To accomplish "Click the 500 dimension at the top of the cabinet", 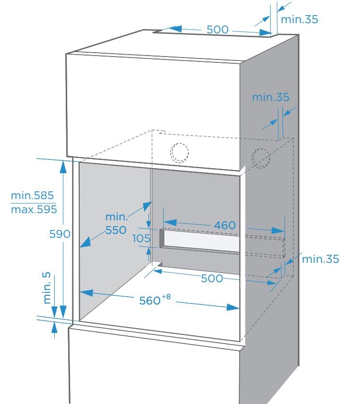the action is click(217, 29).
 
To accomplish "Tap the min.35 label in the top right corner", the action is click(300, 19).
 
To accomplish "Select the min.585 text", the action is click(32, 195).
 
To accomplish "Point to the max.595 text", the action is click(34, 209).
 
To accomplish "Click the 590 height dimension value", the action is click(60, 234).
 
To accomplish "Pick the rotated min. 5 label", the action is click(47, 288).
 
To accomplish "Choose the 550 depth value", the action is click(116, 230).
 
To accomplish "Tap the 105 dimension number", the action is click(141, 238).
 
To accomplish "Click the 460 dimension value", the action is click(225, 226).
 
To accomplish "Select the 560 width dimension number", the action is click(150, 301).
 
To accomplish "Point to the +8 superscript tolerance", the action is click(166, 297).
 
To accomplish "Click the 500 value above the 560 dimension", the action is click(212, 278).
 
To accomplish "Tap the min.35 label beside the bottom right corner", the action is click(320, 259).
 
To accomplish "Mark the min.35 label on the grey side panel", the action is click(271, 97).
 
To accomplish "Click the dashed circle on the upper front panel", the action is click(179, 153).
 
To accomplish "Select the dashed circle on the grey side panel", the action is click(261, 158).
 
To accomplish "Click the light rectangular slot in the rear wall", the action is click(202, 242).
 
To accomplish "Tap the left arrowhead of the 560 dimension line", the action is click(86, 293).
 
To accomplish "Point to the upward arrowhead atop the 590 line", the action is click(63, 166).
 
